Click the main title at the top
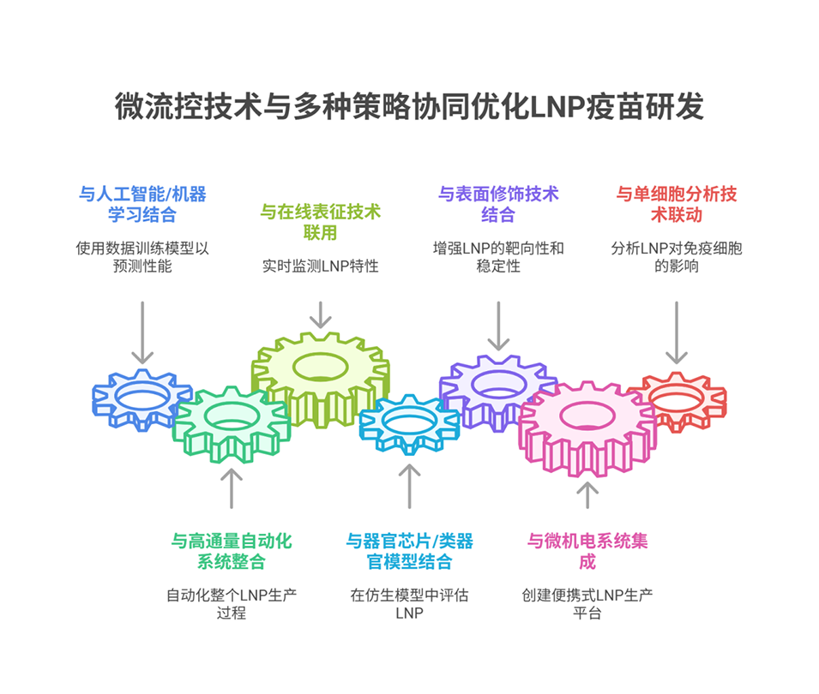409,107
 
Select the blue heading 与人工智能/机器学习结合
142,204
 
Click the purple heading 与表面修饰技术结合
498,204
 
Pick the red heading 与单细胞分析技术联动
677,204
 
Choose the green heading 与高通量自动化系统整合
232,551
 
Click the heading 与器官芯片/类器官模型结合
409,551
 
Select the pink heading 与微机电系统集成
587,551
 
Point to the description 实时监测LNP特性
320,266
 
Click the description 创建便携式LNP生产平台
587,603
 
